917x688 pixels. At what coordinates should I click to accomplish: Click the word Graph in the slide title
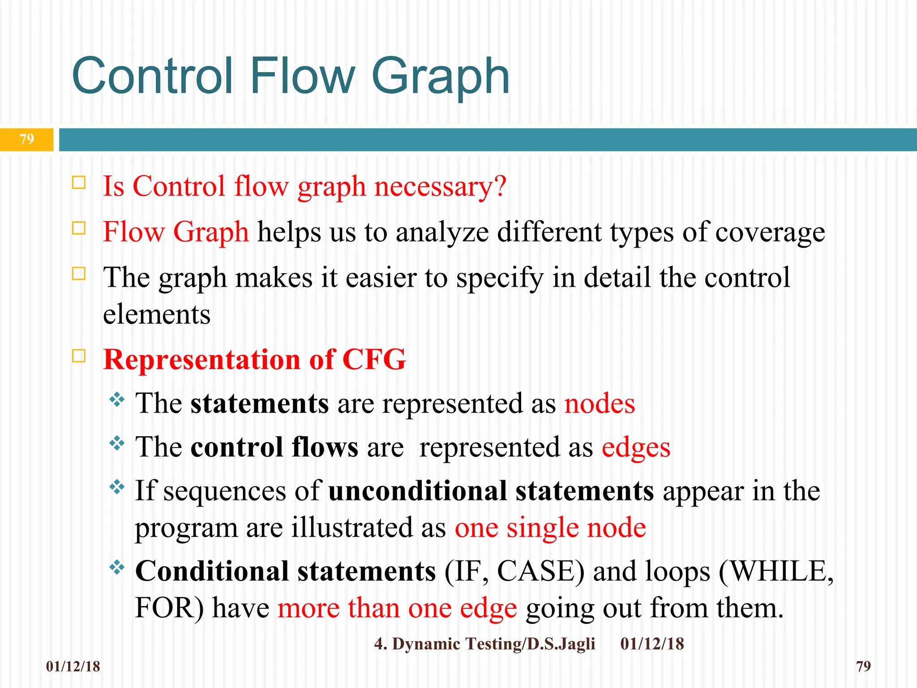441,77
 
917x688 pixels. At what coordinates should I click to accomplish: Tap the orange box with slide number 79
27,139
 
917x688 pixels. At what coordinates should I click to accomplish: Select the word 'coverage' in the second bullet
770,232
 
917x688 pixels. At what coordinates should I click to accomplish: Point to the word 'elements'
157,314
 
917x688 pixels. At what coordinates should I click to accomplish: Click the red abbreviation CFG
374,360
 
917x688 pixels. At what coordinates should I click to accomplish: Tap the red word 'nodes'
599,403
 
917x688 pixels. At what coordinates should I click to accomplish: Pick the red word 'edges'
636,447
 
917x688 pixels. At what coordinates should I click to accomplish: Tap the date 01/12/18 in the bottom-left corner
73,666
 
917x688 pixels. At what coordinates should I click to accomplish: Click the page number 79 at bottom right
863,666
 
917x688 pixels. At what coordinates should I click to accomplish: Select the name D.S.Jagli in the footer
561,644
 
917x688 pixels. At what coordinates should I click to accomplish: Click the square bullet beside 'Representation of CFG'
79,356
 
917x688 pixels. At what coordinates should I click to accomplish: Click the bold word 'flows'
325,447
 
